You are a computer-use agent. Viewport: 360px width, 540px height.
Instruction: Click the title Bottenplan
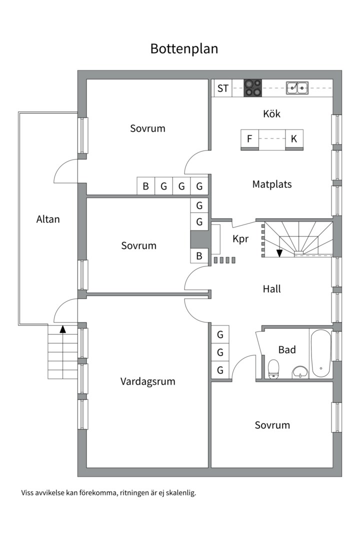184,49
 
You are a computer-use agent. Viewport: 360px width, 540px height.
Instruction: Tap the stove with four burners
252,88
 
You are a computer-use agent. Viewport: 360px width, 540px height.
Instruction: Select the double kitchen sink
297,88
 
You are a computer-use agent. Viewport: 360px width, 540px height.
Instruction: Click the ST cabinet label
223,88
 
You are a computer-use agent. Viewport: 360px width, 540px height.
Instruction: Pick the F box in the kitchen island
249,139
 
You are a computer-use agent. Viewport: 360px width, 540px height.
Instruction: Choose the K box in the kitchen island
294,139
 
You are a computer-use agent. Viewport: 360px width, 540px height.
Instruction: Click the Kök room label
272,114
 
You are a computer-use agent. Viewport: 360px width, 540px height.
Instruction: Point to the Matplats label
272,184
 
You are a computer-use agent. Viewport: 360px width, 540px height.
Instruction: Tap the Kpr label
240,239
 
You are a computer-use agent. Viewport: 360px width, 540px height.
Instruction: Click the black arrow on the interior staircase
279,252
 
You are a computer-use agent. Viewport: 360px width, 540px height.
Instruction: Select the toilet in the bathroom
273,369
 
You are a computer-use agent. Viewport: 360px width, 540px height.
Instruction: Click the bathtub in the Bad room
321,353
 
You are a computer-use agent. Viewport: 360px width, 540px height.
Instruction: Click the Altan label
48,219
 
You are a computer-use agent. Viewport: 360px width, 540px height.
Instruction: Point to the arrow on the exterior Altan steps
63,329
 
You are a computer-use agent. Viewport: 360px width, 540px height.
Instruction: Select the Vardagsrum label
148,381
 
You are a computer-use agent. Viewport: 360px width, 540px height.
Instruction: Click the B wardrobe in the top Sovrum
145,186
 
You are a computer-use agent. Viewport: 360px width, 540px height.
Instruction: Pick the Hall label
272,289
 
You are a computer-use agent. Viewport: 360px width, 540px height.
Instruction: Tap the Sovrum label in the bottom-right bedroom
272,425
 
